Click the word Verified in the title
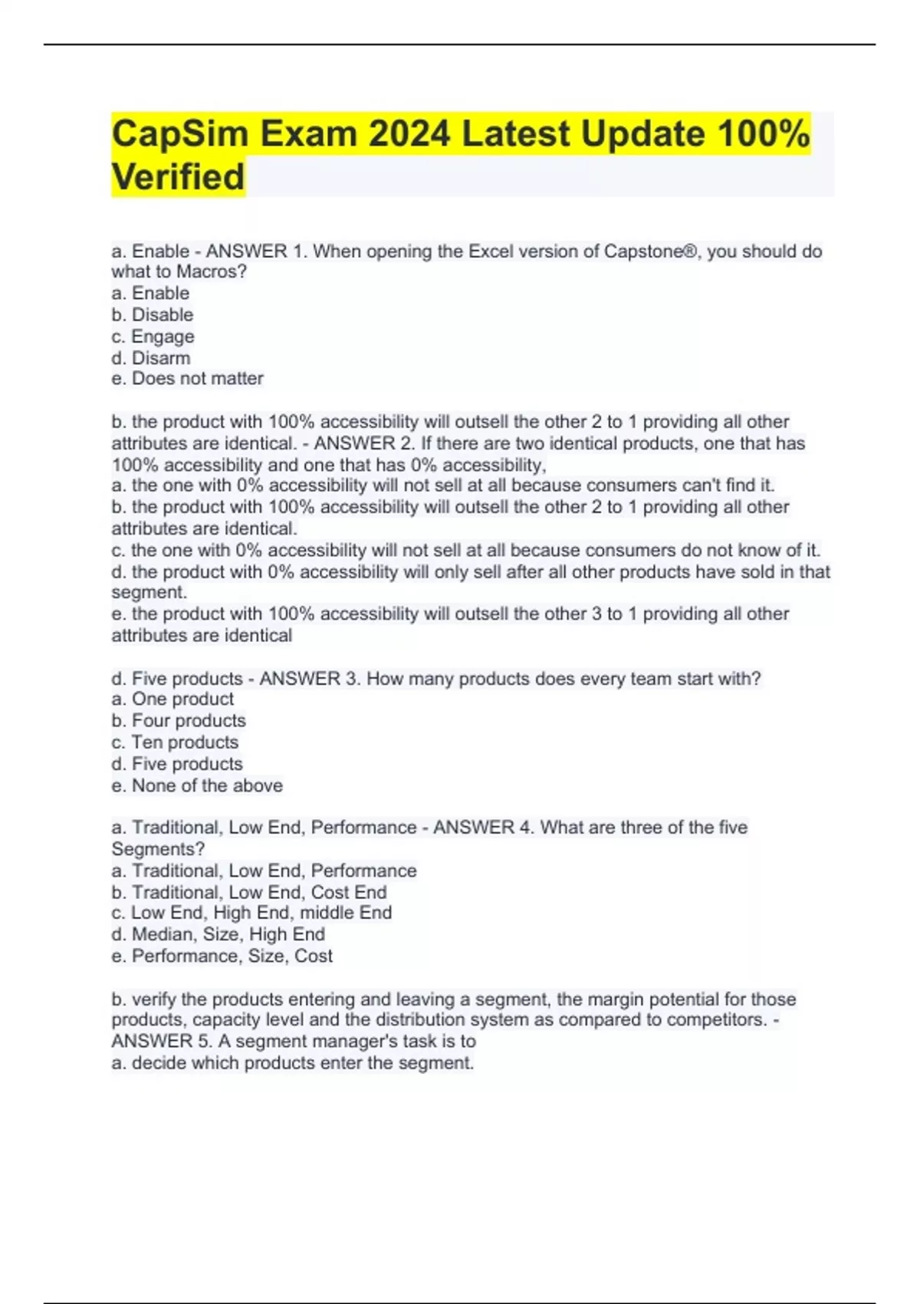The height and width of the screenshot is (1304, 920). [x=178, y=176]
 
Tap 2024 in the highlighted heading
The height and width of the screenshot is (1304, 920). [x=409, y=133]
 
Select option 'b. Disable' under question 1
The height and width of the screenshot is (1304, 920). [x=152, y=314]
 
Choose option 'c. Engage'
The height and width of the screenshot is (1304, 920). [x=153, y=336]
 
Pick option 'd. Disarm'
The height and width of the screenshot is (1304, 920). [x=150, y=357]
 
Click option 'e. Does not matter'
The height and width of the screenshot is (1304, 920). [x=187, y=378]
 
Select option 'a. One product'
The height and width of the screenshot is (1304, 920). [x=172, y=699]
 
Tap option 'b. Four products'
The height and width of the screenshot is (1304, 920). [x=179, y=720]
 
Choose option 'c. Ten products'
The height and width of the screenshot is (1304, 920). [x=175, y=742]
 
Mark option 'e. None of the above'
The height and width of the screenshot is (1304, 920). [x=197, y=785]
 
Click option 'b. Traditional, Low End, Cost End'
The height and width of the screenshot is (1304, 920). [x=249, y=892]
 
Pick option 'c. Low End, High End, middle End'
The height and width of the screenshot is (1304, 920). [x=251, y=913]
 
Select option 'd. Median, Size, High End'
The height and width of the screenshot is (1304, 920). [x=219, y=934]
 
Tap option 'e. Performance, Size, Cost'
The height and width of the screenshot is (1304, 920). [x=222, y=956]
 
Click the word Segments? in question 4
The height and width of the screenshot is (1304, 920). [x=158, y=849]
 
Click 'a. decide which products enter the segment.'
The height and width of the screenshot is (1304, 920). [x=293, y=1063]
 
